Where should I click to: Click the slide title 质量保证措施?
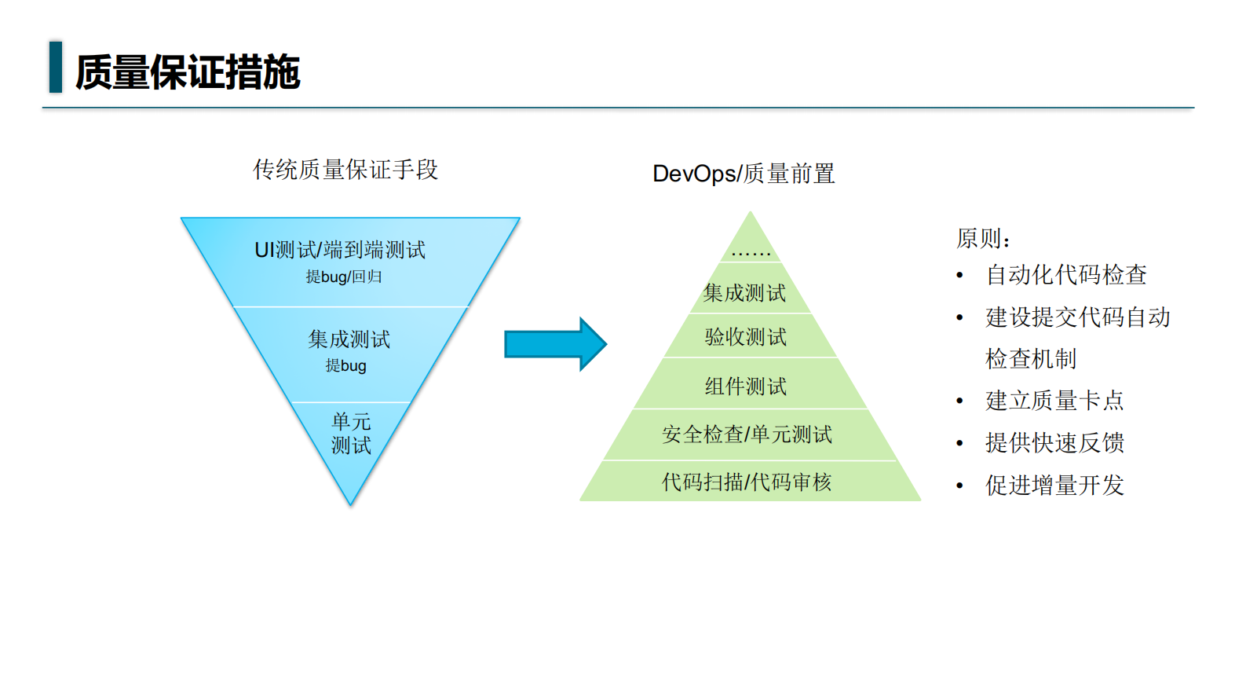pos(188,72)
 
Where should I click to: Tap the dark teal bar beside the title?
pos(55,68)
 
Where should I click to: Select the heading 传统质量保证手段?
pos(345,170)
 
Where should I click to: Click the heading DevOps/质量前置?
pos(743,174)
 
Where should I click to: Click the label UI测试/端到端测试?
pos(340,250)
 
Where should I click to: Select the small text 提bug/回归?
pos(344,277)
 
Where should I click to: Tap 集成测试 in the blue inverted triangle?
pos(349,339)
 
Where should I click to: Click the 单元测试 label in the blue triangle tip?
pos(351,433)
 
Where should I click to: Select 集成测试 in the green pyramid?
pos(744,293)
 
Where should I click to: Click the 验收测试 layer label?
pos(746,337)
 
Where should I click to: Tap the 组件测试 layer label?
pos(746,387)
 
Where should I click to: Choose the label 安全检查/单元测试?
pos(747,434)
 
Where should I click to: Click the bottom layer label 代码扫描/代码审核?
pos(746,482)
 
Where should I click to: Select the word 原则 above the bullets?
pos(982,238)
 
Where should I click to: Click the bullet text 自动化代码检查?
pos(1065,275)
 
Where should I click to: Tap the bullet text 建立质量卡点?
pos(1054,401)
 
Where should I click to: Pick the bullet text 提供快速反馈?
pos(1054,443)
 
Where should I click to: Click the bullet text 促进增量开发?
pos(1054,486)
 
